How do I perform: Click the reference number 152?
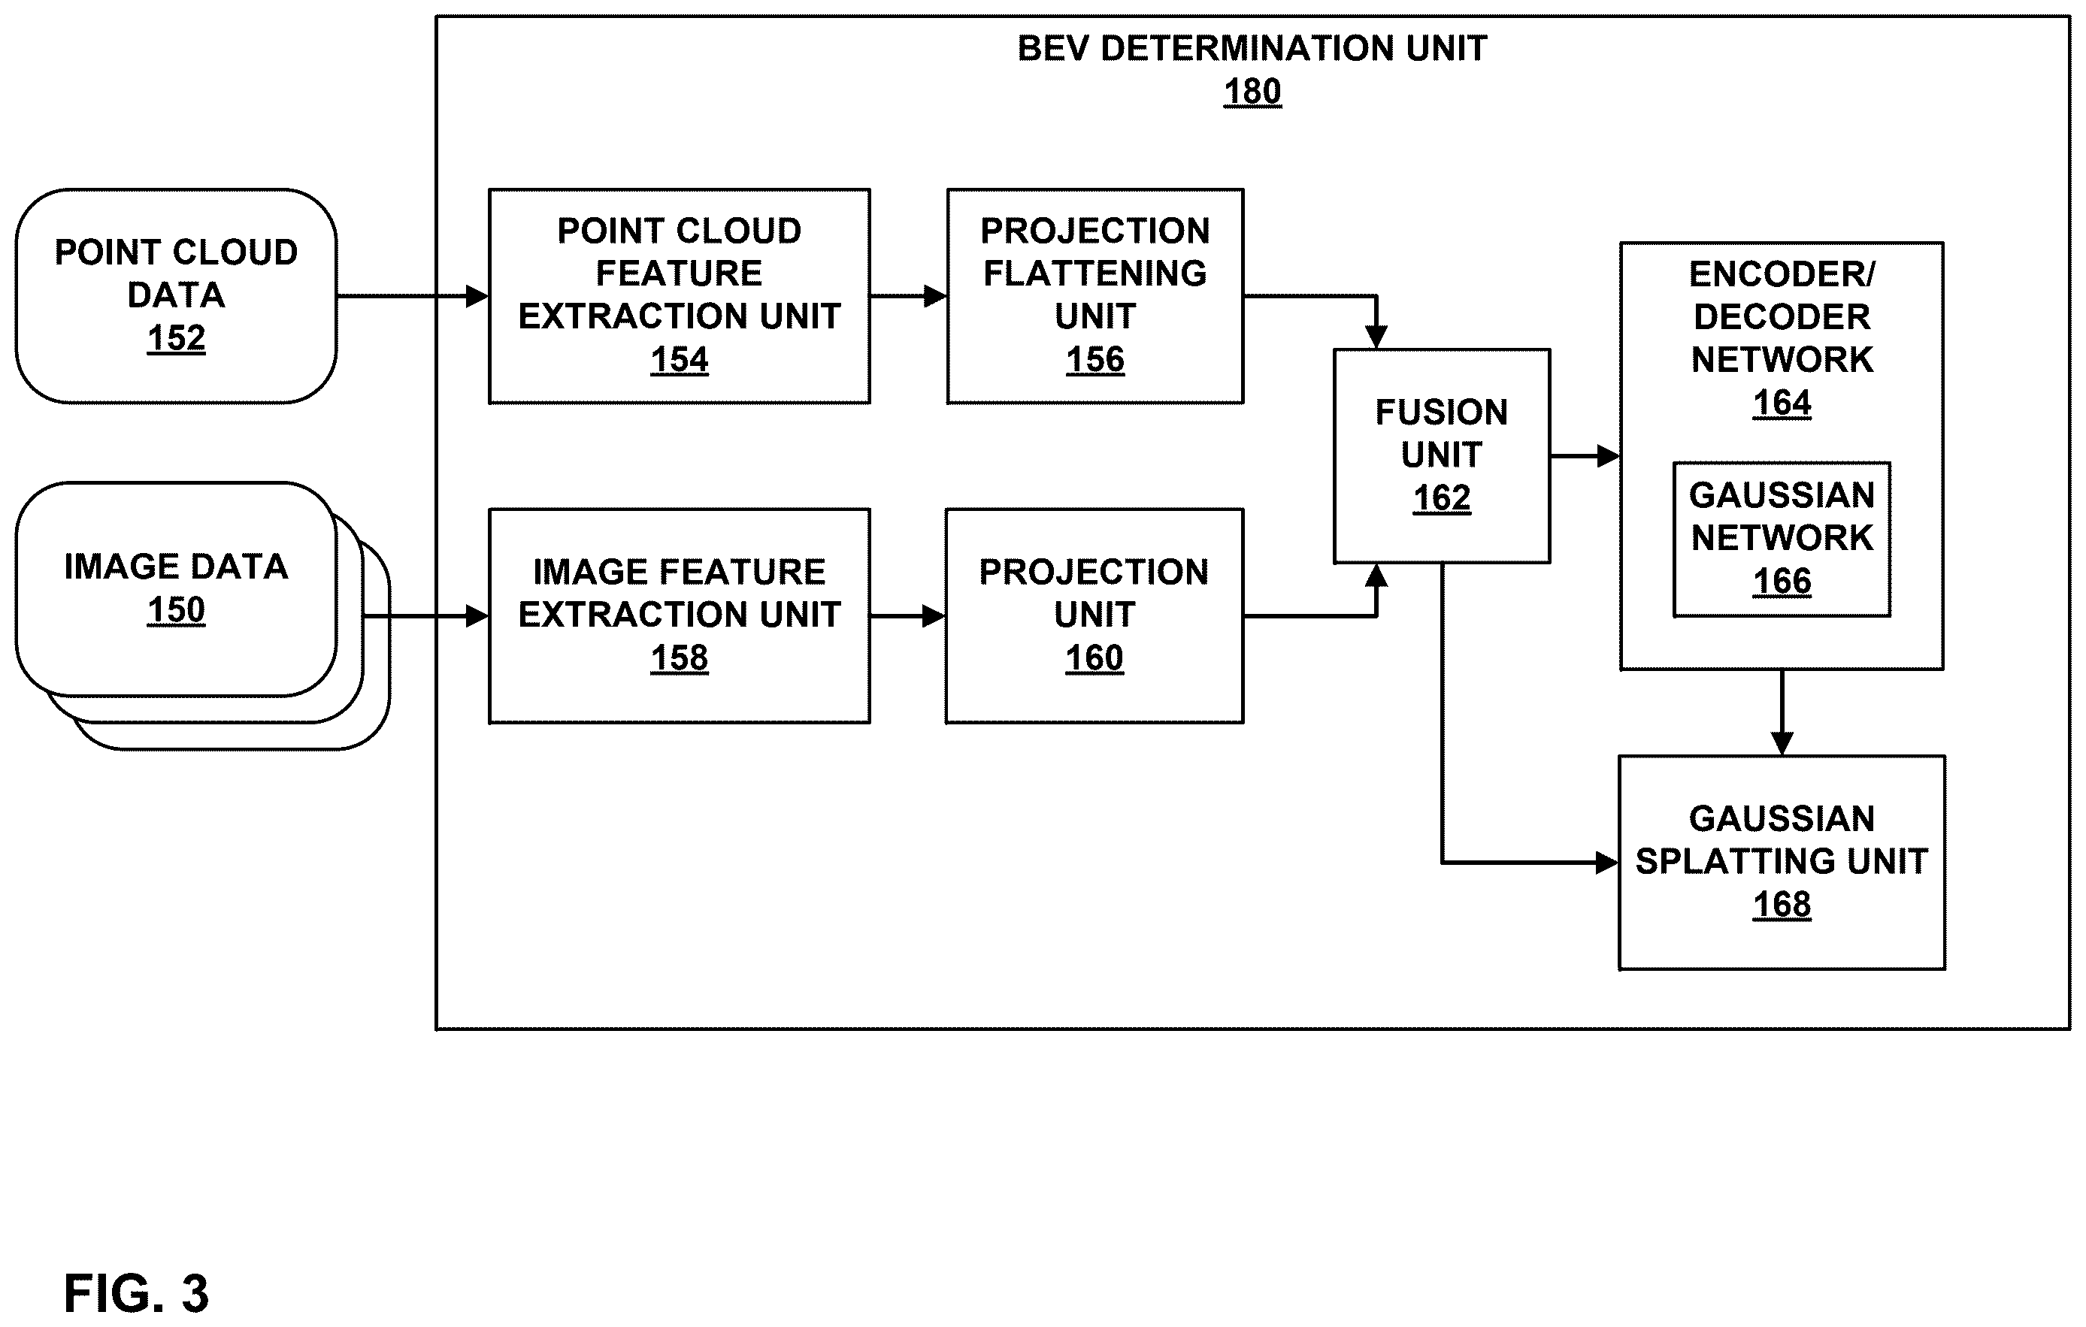click(x=176, y=338)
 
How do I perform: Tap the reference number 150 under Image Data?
click(x=176, y=610)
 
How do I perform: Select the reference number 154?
click(x=679, y=359)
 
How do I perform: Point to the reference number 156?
click(x=1095, y=359)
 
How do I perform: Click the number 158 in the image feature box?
click(x=679, y=658)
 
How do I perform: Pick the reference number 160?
click(x=1094, y=658)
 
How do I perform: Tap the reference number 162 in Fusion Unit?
click(x=1442, y=498)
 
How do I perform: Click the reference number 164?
click(x=1782, y=403)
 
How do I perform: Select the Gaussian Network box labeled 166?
click(x=1782, y=540)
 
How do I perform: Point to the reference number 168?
click(x=1782, y=904)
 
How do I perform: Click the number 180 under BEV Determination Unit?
click(x=1252, y=92)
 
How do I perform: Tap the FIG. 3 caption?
click(x=136, y=1294)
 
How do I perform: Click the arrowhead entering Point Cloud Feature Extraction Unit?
click(x=477, y=296)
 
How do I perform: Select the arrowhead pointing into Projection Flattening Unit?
click(x=936, y=296)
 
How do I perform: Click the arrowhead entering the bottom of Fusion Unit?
click(x=1376, y=575)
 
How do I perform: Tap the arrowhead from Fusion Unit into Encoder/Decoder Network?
click(x=1609, y=455)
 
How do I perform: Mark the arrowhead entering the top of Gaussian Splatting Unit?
click(x=1782, y=744)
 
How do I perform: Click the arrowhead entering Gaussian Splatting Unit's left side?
click(x=1608, y=863)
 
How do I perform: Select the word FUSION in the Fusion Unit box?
click(x=1442, y=413)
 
